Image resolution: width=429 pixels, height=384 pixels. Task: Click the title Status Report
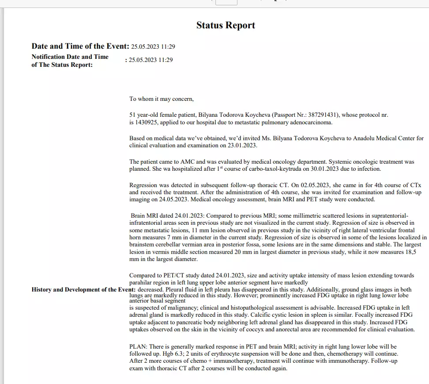tap(226, 25)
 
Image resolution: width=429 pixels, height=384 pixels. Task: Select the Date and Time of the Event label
tap(80, 46)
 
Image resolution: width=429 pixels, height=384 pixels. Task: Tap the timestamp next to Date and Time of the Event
tap(153, 47)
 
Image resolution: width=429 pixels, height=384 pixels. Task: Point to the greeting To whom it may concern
tap(162, 99)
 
